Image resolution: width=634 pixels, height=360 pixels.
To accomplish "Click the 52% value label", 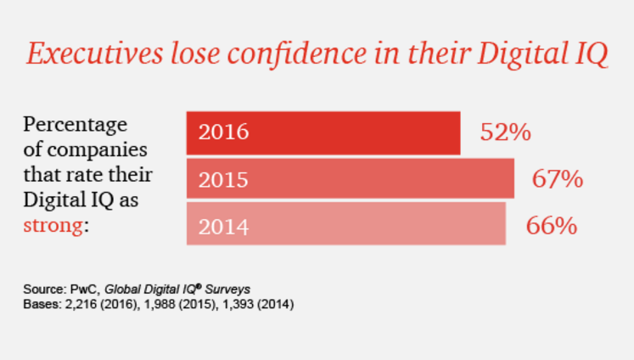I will [x=505, y=132].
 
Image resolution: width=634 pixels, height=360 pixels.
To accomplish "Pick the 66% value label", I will [x=552, y=226].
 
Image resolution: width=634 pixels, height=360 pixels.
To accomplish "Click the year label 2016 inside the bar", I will [x=223, y=133].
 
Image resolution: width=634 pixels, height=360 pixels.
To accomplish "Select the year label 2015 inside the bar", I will [x=223, y=180].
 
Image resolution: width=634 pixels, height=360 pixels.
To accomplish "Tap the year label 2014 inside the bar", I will [x=223, y=227].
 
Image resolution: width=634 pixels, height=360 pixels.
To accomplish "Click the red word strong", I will [x=53, y=227].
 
